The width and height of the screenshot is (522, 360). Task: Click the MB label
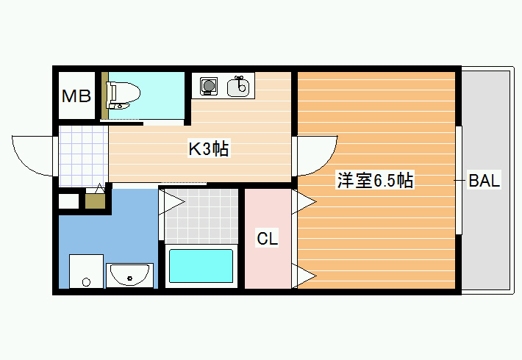[76, 96]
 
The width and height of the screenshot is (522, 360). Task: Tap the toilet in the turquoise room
[123, 96]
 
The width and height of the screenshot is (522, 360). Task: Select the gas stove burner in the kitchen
[209, 86]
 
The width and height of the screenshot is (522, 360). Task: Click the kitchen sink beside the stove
[238, 86]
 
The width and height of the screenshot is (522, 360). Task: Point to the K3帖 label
[209, 148]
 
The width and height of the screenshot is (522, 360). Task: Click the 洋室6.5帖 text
[375, 181]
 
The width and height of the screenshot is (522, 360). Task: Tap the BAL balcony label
[485, 181]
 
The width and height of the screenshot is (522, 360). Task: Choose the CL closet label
[268, 238]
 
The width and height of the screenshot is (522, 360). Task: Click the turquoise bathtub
[201, 266]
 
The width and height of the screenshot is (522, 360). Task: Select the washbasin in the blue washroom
[130, 276]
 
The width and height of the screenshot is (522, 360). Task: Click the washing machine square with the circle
[86, 272]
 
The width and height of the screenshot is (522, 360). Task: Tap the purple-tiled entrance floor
[84, 156]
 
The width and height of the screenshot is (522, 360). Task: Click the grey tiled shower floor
[202, 216]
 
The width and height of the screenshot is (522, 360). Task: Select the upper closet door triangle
[304, 201]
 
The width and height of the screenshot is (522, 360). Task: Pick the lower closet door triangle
[304, 276]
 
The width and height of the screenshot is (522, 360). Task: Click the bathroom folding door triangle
[172, 202]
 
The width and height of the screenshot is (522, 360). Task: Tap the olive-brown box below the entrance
[96, 201]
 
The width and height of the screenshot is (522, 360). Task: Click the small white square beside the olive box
[69, 201]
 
